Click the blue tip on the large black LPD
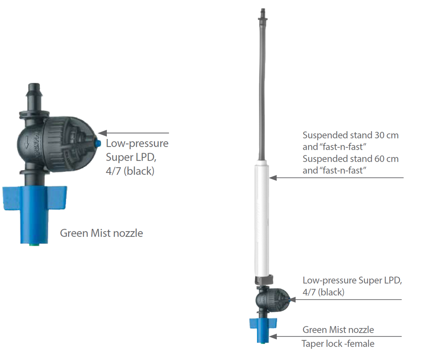click(x=98, y=144)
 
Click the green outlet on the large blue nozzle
click(x=34, y=244)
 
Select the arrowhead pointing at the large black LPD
click(x=103, y=133)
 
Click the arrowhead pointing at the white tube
click(x=273, y=178)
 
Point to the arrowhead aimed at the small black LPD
click(x=292, y=300)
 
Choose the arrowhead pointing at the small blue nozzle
click(x=273, y=337)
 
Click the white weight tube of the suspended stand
click(x=262, y=218)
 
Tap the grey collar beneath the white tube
click(x=264, y=279)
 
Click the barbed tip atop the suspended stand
click(x=263, y=14)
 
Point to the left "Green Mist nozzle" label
click(x=101, y=233)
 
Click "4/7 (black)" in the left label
click(x=130, y=171)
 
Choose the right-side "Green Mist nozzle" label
click(x=338, y=330)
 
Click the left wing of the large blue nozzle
click(x=12, y=198)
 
